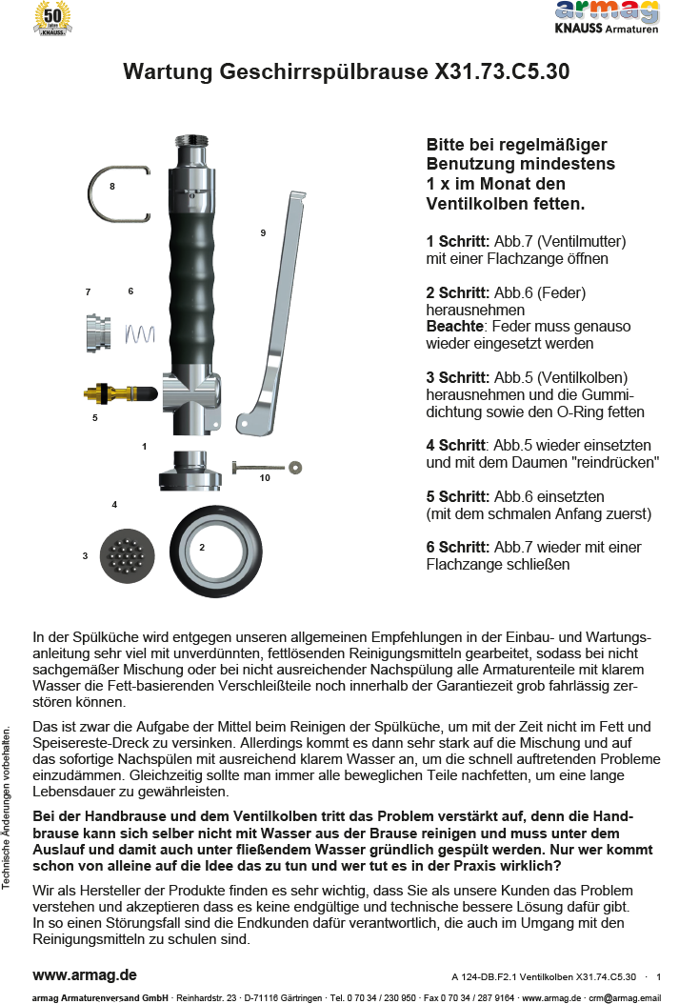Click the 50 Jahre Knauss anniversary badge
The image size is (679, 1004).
tap(53, 19)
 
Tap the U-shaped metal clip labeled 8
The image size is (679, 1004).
tap(121, 195)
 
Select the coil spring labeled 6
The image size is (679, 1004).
tap(140, 332)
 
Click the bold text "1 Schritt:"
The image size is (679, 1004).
tap(458, 241)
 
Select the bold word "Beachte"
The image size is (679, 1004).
tap(454, 327)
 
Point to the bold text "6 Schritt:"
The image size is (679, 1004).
tap(458, 548)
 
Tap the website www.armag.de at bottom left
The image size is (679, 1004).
tap(85, 975)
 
